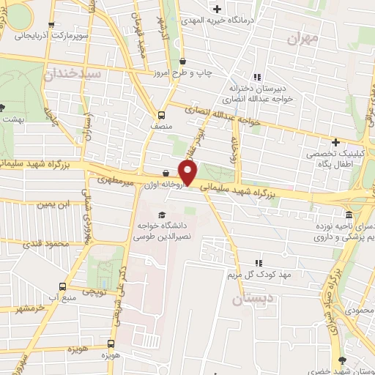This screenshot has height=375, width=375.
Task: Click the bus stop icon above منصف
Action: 161,114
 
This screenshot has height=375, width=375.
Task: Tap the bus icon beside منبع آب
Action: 64,287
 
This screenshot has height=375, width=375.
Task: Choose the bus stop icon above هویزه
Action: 111,343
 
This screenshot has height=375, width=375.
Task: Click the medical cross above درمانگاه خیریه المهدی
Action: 218,9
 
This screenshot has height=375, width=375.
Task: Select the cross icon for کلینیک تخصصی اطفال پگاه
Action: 335,141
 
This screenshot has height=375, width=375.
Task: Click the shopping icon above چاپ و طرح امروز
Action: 182,62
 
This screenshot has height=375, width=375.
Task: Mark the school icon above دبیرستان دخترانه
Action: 256,77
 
